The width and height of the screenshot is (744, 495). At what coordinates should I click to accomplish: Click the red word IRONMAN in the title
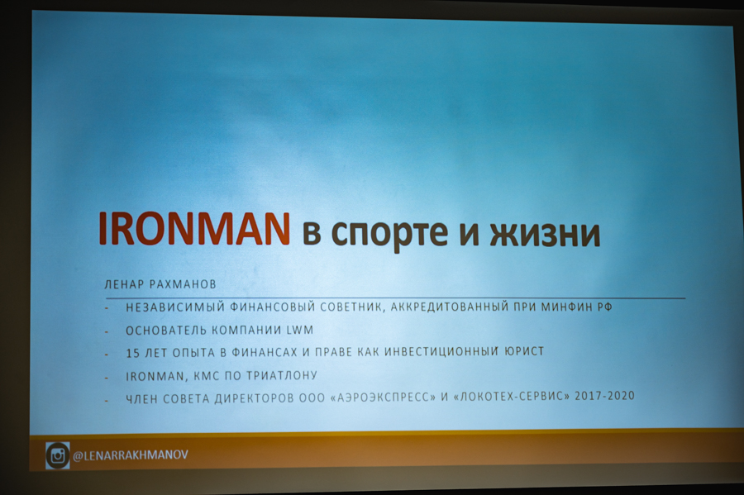coord(193,229)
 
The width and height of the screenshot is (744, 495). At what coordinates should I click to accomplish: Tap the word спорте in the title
coord(389,234)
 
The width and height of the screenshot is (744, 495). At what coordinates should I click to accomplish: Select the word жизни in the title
coord(545,233)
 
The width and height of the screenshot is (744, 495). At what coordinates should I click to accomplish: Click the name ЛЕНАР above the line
coord(124,284)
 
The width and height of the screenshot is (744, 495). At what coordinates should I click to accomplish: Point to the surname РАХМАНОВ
coord(183,284)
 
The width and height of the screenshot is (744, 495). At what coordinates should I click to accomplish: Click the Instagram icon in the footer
coord(57,455)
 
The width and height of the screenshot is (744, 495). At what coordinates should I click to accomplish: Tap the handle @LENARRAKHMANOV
coord(131,455)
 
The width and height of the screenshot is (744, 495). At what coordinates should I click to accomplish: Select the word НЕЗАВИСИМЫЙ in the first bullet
coord(175,307)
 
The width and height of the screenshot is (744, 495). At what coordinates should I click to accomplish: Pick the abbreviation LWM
coord(300,330)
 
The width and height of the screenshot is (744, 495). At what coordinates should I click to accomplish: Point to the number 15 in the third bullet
coord(132,353)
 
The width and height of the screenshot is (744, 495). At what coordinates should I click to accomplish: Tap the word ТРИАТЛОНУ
coord(282,375)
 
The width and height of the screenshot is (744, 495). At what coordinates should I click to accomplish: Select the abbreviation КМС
coord(206,377)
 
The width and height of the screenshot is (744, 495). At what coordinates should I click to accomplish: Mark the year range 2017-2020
coord(604,396)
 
